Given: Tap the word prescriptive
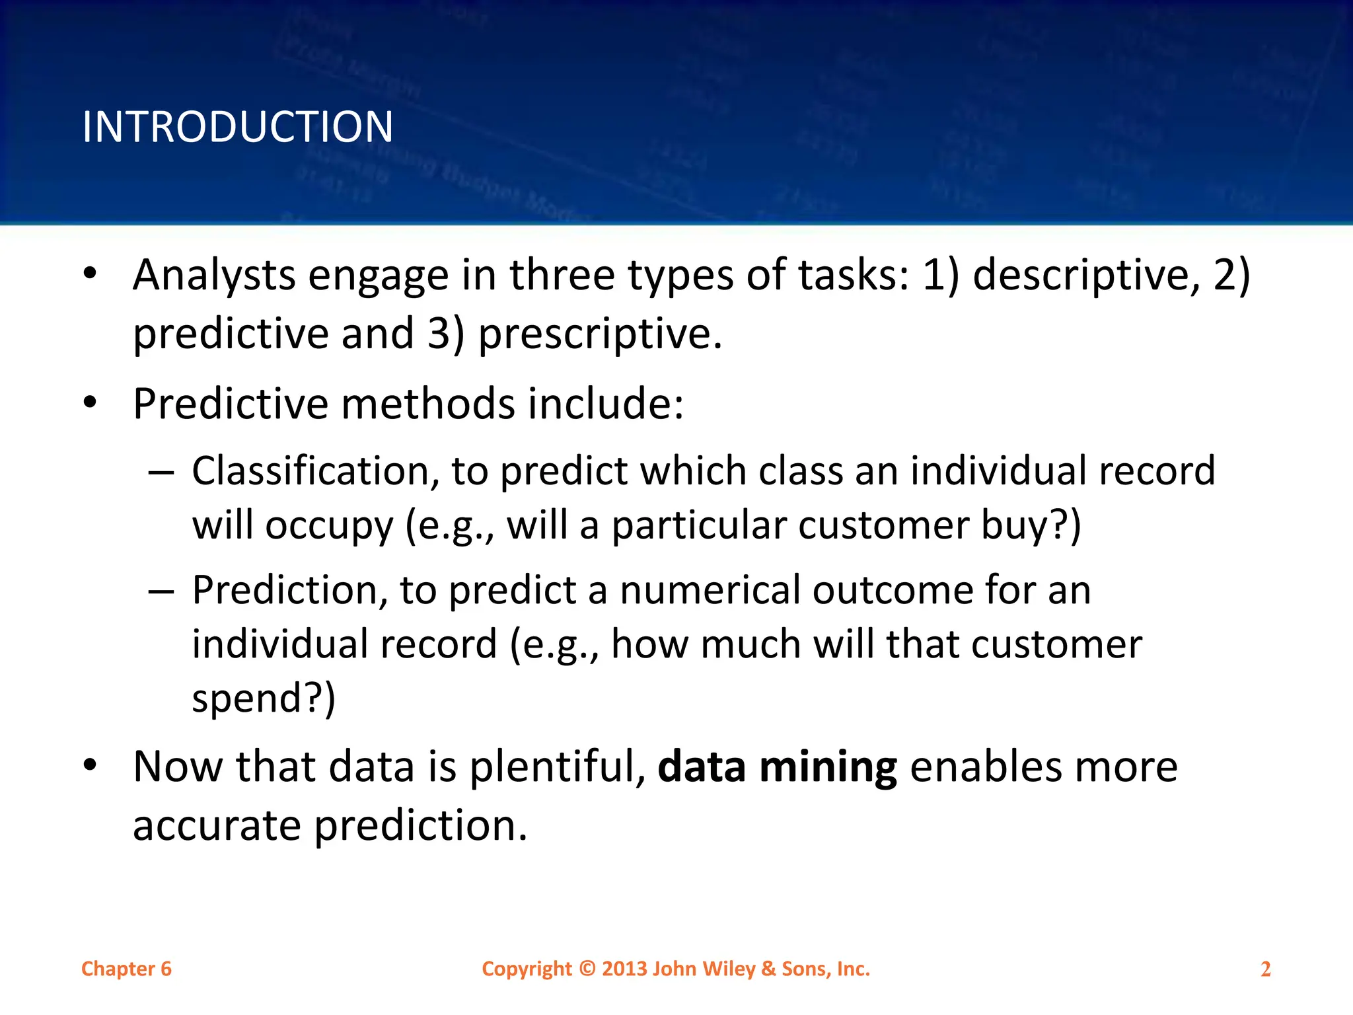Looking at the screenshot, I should (600, 334).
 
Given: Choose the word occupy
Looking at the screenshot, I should (329, 527).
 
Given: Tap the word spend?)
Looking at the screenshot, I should (264, 698).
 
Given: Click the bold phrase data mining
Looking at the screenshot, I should (778, 767).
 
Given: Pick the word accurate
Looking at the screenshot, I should (217, 827).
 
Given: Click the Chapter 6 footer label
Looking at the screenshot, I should (126, 969).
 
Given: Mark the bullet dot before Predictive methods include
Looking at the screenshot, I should (91, 402).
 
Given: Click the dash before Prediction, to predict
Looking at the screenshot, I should (161, 591).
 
